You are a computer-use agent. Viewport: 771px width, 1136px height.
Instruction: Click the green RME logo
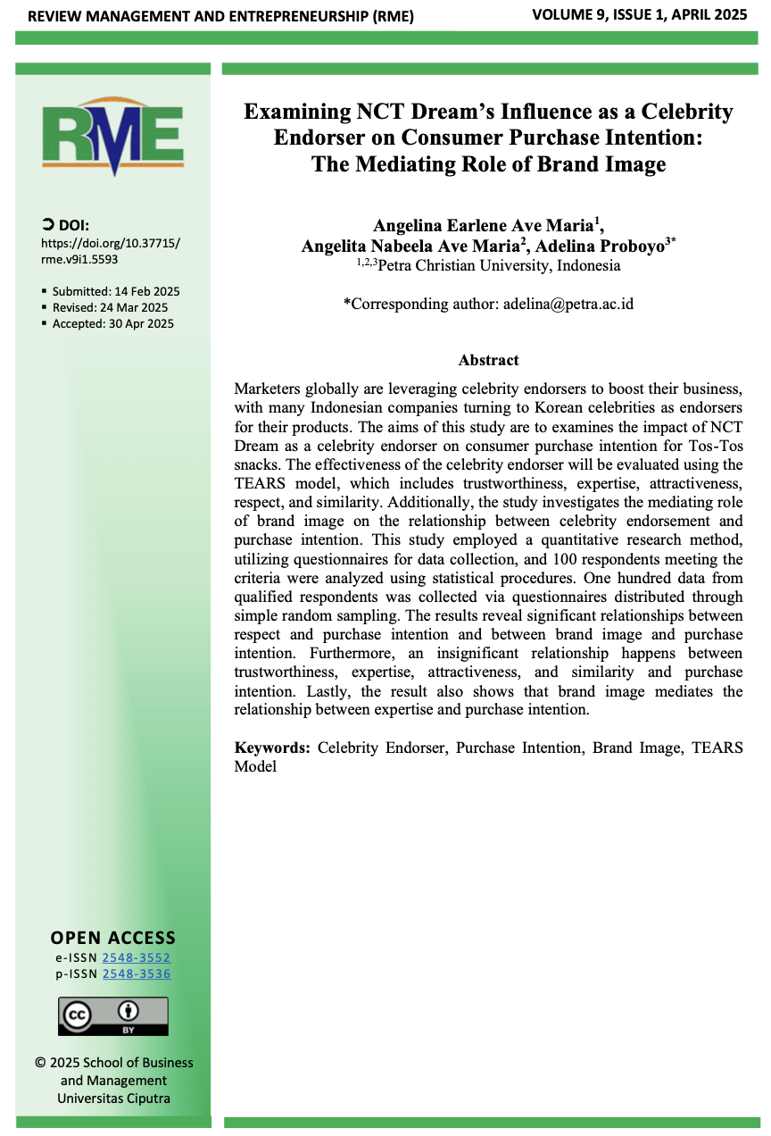tap(112, 138)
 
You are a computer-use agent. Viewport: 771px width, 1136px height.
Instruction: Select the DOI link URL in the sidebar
tap(111, 251)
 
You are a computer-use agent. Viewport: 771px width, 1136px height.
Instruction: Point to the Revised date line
tap(110, 308)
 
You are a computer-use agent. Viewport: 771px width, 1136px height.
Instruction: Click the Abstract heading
tap(488, 361)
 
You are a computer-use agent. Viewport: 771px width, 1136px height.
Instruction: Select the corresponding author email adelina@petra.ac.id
tap(568, 304)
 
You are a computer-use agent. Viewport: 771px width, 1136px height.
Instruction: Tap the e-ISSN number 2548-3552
tap(137, 957)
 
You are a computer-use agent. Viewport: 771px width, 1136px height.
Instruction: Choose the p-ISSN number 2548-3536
tap(137, 973)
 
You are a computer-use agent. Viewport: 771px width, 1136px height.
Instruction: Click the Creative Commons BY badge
tap(113, 1016)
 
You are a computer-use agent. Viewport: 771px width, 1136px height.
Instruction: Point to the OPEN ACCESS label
tap(113, 938)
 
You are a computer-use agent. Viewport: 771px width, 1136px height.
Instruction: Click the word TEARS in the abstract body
tap(259, 483)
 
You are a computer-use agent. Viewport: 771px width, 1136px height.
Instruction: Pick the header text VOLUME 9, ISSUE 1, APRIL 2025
tap(640, 14)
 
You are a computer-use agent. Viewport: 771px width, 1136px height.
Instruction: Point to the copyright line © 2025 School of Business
tap(113, 1063)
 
